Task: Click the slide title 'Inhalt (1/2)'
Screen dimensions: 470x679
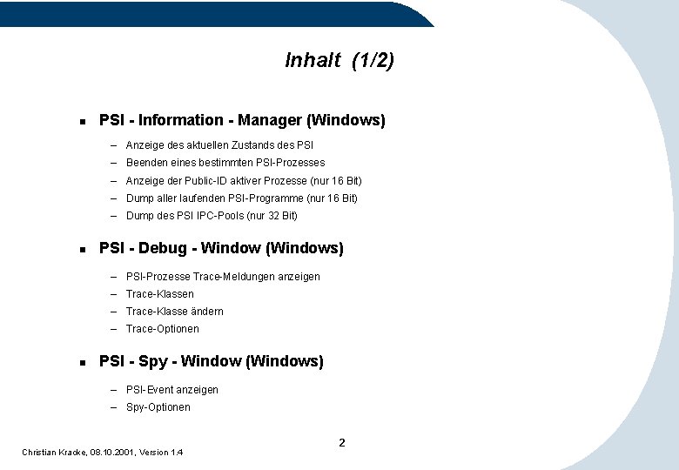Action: click(x=339, y=60)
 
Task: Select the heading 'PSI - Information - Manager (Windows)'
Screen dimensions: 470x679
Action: click(x=242, y=120)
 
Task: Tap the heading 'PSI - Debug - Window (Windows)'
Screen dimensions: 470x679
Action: click(x=221, y=248)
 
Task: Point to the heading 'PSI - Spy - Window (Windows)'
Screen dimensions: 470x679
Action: click(x=212, y=361)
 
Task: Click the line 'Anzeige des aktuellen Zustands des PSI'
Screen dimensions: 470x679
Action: click(x=219, y=145)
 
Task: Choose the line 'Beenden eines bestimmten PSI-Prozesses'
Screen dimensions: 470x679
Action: click(x=225, y=163)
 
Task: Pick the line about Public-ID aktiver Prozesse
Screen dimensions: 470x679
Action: click(x=244, y=181)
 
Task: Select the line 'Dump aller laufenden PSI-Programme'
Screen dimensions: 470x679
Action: click(x=241, y=198)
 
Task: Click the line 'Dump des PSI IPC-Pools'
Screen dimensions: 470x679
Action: click(x=212, y=216)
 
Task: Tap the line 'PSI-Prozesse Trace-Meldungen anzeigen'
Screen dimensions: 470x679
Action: click(x=223, y=277)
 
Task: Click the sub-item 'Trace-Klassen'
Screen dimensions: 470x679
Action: click(x=160, y=294)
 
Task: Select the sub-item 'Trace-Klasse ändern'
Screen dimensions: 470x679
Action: click(x=175, y=312)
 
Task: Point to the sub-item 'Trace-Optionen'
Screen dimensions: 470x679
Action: click(x=163, y=329)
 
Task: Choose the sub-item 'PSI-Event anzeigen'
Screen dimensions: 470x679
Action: click(x=172, y=390)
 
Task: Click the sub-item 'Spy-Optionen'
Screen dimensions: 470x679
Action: click(x=158, y=407)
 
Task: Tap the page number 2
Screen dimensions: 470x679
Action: click(x=342, y=443)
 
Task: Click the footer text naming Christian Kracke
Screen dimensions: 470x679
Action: click(x=103, y=452)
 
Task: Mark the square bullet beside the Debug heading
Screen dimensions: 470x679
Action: click(x=80, y=249)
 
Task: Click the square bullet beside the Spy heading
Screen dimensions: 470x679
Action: click(x=80, y=362)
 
